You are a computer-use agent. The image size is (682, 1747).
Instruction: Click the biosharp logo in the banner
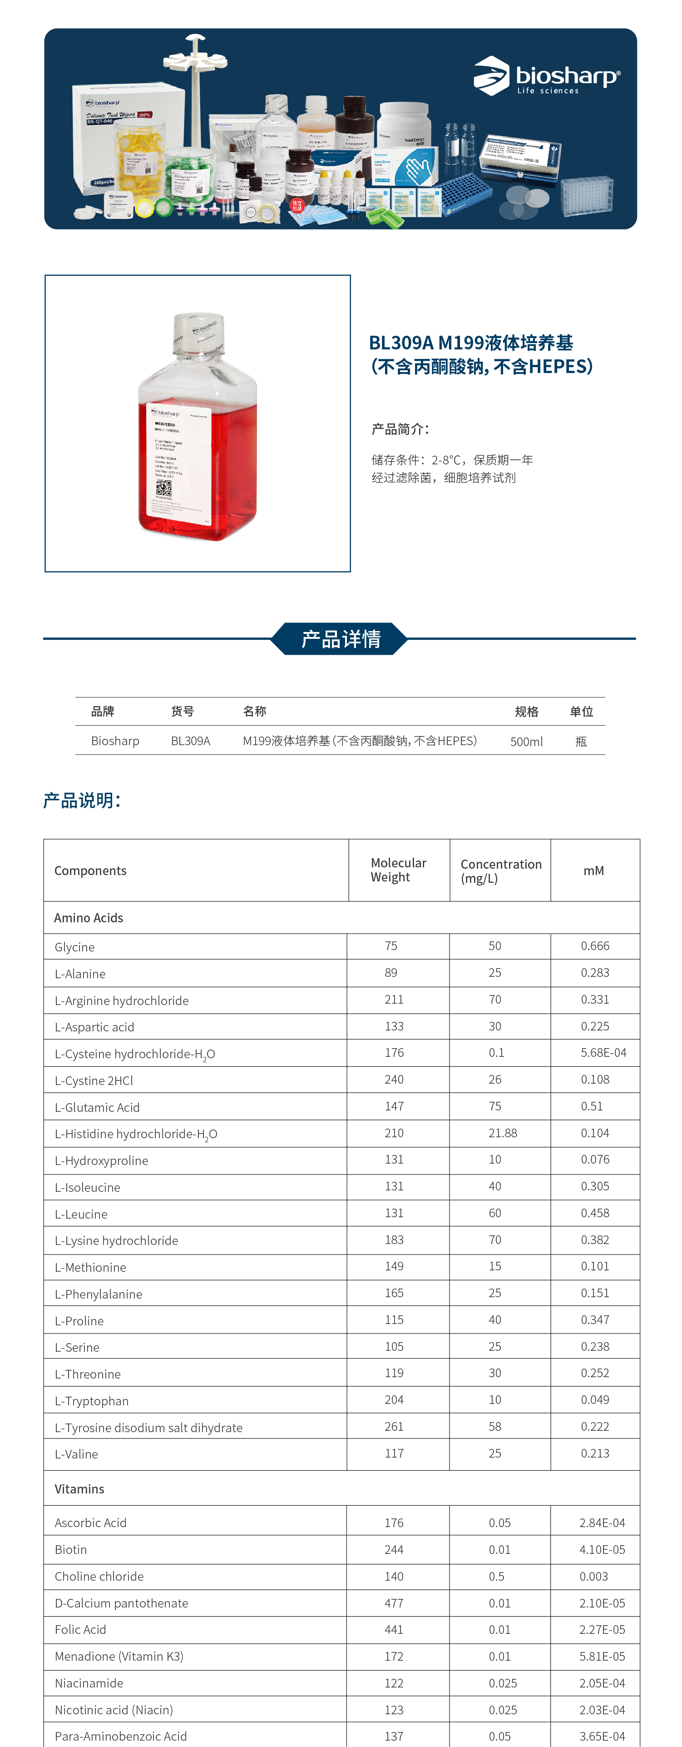(546, 76)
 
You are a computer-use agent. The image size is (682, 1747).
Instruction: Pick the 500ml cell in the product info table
(526, 741)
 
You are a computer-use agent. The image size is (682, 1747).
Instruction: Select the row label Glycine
(74, 947)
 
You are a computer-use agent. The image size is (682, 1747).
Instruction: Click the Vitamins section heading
(79, 1488)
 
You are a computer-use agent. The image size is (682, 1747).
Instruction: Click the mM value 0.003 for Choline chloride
(594, 1576)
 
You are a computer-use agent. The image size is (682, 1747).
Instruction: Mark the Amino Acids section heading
(89, 918)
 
